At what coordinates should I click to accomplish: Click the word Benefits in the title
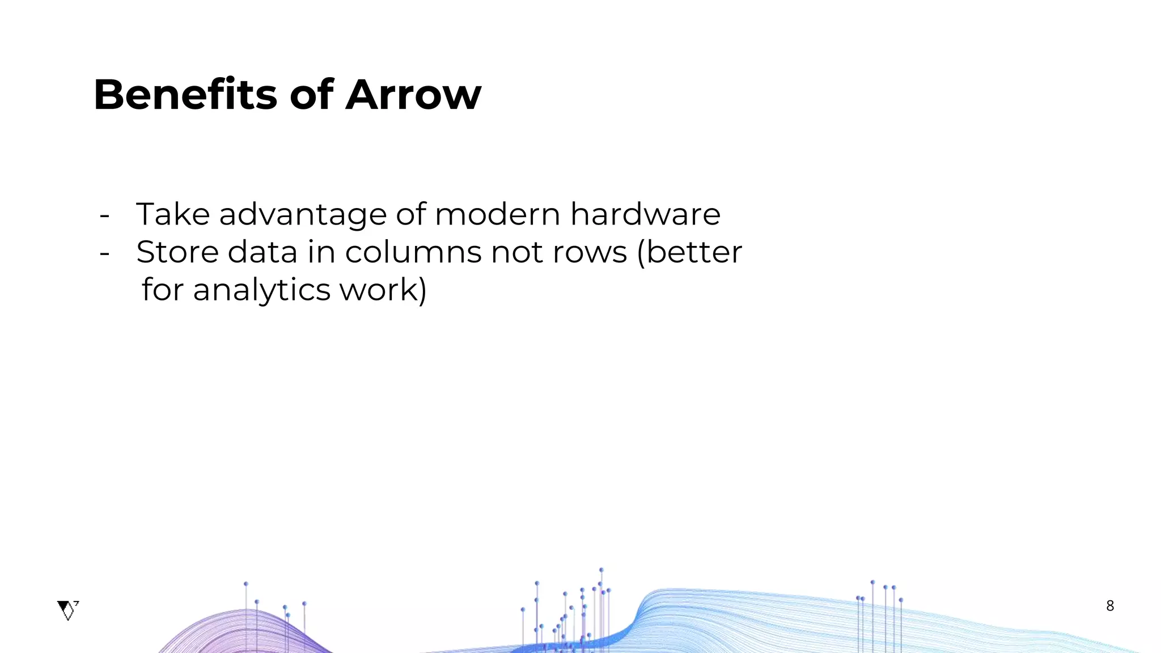(185, 95)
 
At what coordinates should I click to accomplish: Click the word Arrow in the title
(413, 95)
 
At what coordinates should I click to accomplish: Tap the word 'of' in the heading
(311, 95)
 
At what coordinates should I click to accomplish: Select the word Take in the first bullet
(173, 214)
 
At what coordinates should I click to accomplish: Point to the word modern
(498, 214)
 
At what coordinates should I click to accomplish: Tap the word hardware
(645, 214)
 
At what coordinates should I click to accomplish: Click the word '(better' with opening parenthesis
(689, 252)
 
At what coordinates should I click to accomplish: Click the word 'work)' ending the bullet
(383, 290)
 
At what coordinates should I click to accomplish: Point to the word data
(262, 252)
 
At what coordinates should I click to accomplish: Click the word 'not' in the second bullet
(517, 253)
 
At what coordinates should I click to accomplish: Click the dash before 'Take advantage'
(104, 216)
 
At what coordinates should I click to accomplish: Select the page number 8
(1110, 606)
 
